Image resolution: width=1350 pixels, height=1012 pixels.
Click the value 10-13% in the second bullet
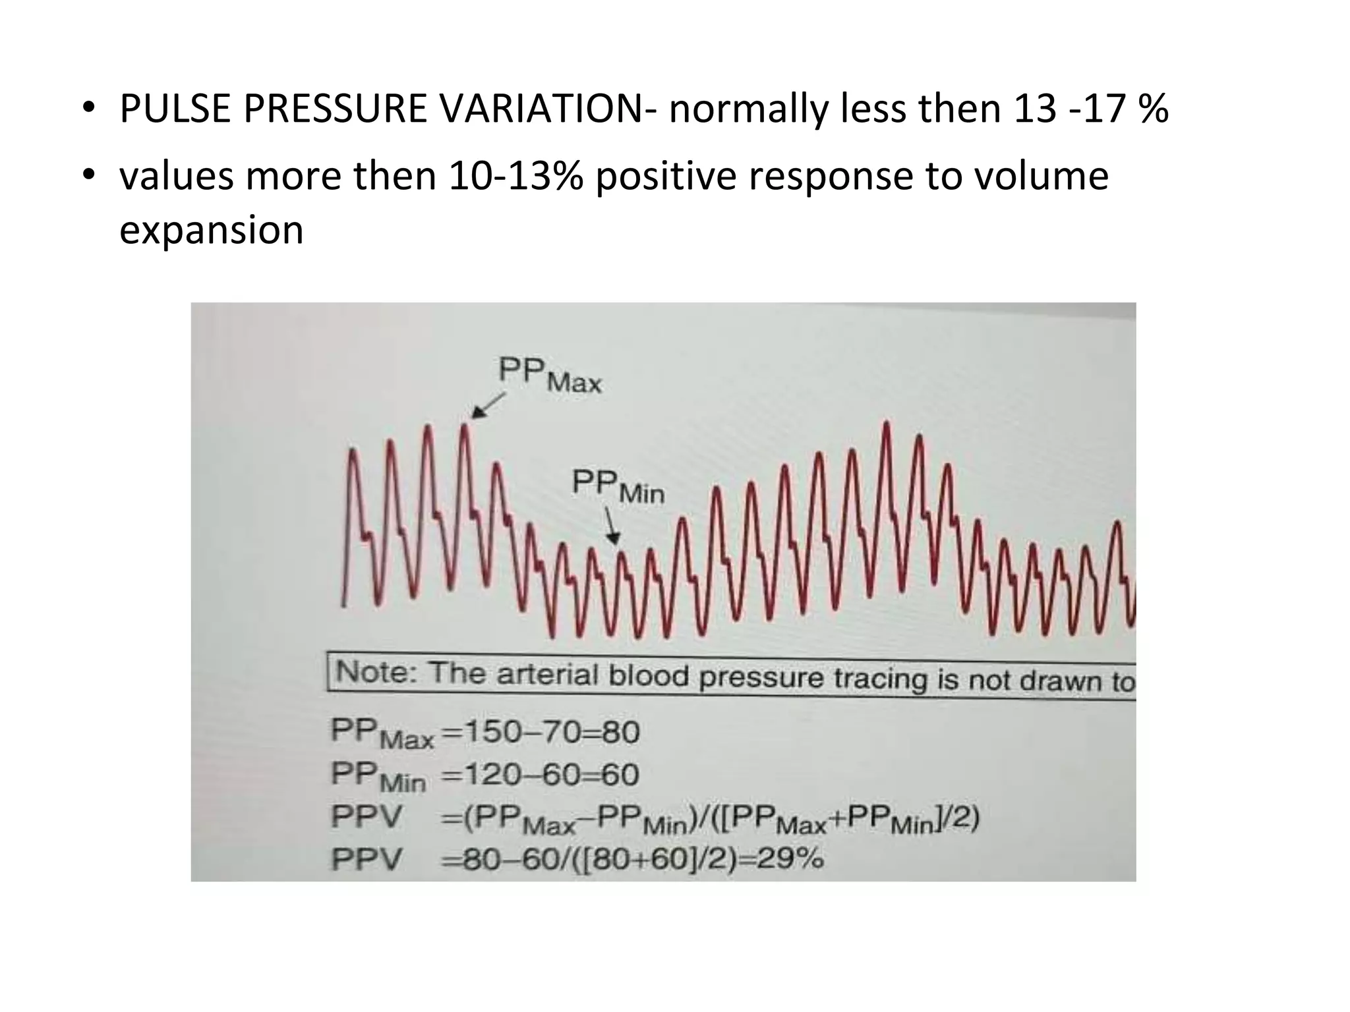[x=515, y=177]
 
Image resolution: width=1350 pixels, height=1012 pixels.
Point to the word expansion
[x=211, y=231]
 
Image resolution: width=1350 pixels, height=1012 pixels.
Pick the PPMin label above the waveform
[x=618, y=486]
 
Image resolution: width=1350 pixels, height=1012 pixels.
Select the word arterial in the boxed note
[x=546, y=675]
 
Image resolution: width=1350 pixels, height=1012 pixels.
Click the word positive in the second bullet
[x=665, y=177]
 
